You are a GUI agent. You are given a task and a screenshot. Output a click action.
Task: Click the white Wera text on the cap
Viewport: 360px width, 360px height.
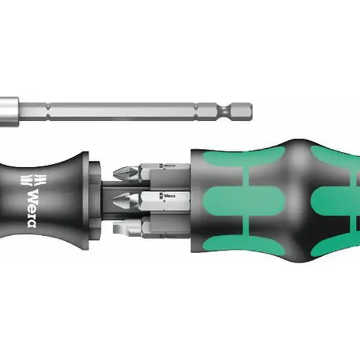pyautogui.click(x=32, y=208)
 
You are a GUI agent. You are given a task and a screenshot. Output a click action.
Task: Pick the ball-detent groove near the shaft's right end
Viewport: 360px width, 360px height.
pyautogui.click(x=225, y=112)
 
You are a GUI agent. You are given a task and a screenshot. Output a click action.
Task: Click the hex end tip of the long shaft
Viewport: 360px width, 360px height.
pyautogui.click(x=251, y=112)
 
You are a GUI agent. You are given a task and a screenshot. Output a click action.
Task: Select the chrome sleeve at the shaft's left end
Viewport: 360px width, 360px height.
pyautogui.click(x=9, y=112)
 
